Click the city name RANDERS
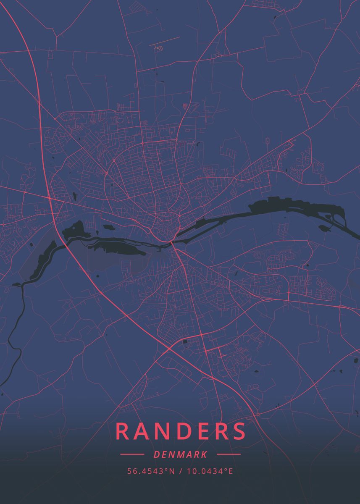coord(180,431)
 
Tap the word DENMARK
coord(180,454)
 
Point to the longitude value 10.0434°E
coord(210,471)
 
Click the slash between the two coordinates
coord(180,471)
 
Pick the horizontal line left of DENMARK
coord(132,454)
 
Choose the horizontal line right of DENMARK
coord(229,454)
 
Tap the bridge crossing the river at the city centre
coord(173,243)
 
